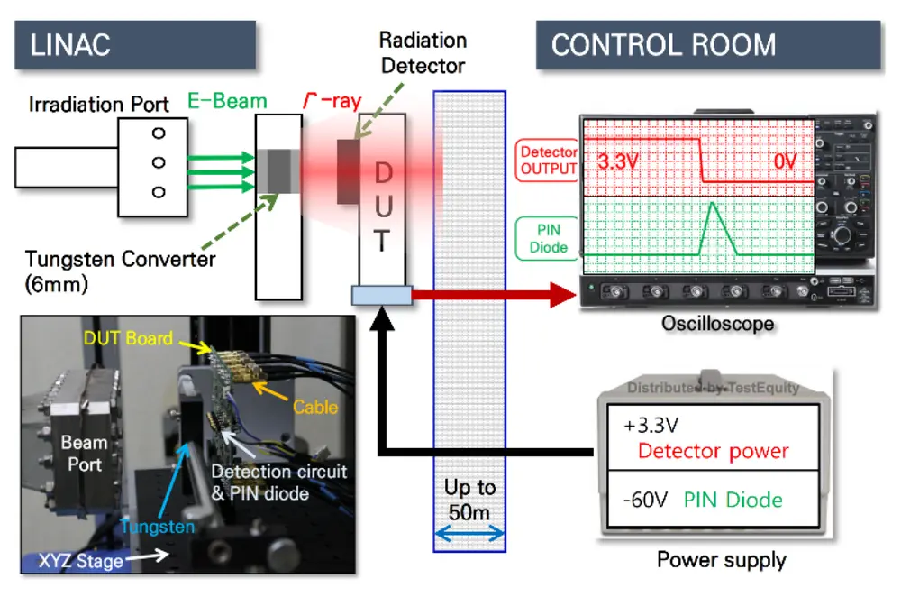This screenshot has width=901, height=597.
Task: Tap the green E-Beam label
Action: click(226, 101)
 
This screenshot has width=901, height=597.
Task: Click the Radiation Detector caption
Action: click(423, 52)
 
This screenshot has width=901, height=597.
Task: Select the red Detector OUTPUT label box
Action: click(548, 161)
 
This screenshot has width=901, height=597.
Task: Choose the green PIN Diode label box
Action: click(547, 237)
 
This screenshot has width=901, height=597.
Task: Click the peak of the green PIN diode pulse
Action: click(711, 205)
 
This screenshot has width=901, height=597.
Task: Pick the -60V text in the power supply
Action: click(644, 499)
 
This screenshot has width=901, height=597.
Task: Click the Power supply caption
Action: click(721, 560)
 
